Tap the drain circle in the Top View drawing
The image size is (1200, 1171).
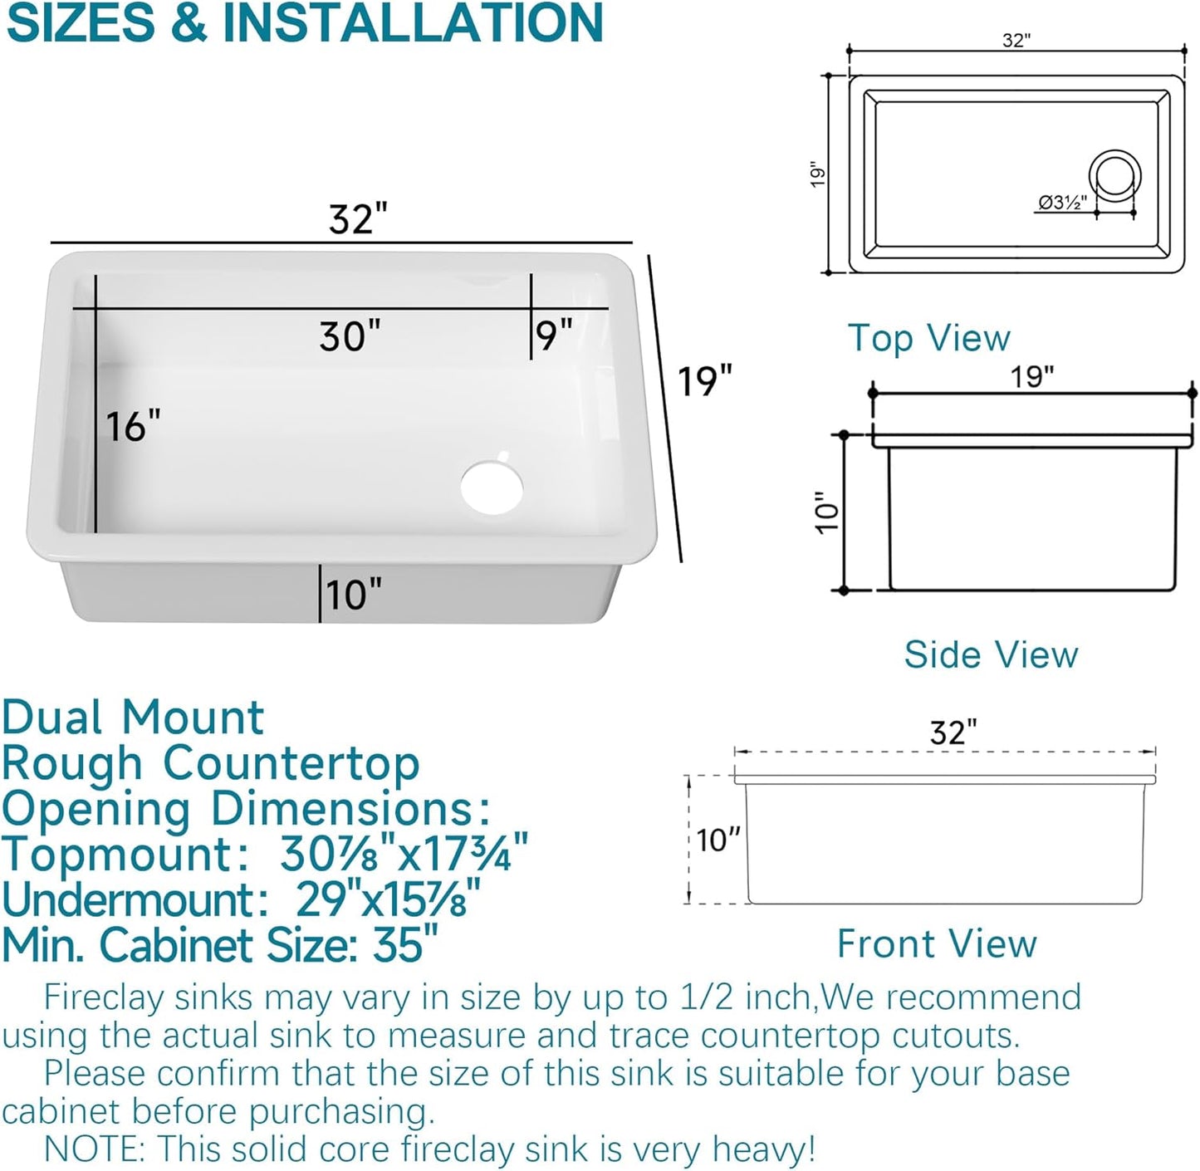click(x=1114, y=176)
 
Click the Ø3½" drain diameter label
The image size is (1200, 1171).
click(x=1062, y=202)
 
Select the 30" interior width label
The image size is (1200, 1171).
click(x=350, y=336)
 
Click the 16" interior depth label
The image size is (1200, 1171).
click(x=133, y=426)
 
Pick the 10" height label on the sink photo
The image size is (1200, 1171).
click(x=354, y=595)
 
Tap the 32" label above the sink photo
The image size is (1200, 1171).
click(x=358, y=219)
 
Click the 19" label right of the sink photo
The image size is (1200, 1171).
click(x=704, y=381)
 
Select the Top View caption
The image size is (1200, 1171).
click(x=928, y=338)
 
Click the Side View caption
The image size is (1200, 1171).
click(x=991, y=654)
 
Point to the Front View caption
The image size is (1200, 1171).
click(x=937, y=943)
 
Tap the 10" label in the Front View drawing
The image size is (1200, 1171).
click(x=718, y=840)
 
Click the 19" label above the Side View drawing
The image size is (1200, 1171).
click(x=1031, y=376)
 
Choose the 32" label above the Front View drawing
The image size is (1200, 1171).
click(x=953, y=732)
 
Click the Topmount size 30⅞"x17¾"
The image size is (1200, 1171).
click(x=404, y=853)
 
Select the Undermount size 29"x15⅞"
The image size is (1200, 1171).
click(x=388, y=899)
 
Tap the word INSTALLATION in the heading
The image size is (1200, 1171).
click(x=413, y=23)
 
